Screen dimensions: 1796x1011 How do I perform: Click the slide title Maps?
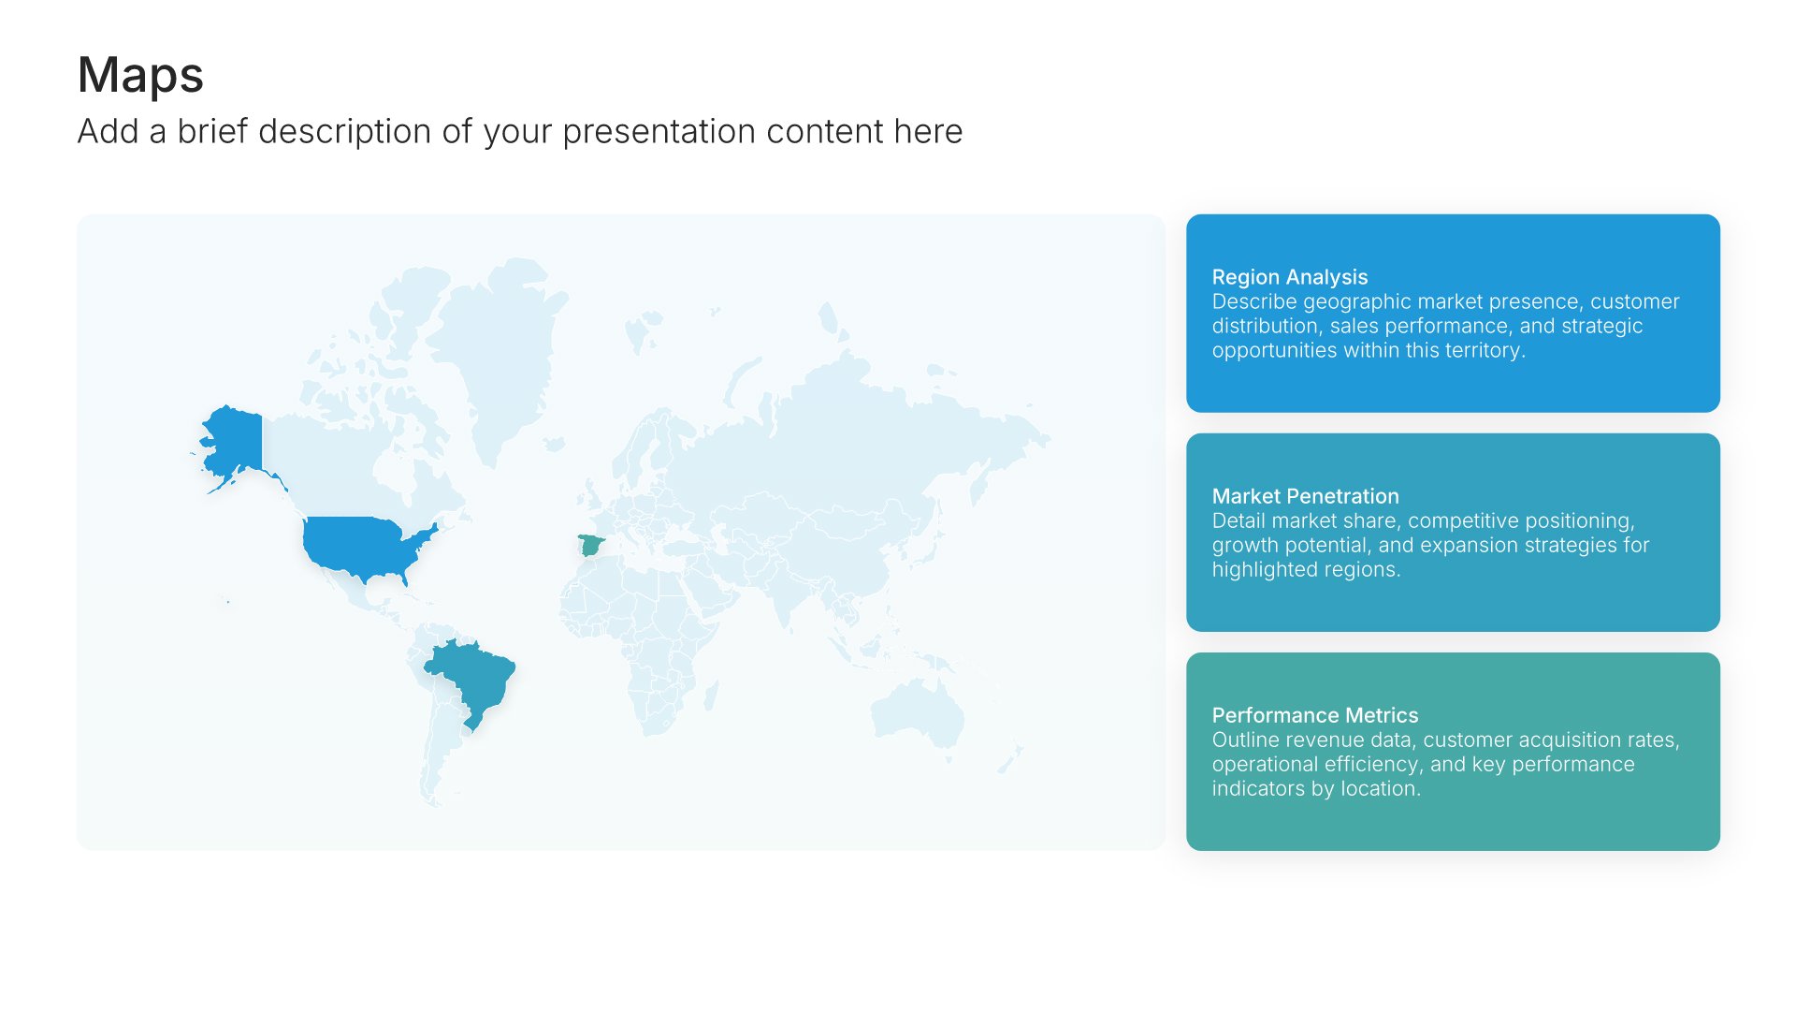tap(140, 75)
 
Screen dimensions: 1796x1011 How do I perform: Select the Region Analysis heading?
tap(1289, 277)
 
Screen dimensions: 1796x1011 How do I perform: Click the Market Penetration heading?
tap(1305, 496)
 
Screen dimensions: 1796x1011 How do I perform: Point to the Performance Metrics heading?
tap(1314, 715)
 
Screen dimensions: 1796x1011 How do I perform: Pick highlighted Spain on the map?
tap(590, 544)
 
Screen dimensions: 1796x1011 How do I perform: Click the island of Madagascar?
tap(712, 694)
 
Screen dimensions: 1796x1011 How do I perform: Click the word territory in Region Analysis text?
tap(1482, 351)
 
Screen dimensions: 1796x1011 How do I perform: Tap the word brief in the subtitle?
tap(212, 132)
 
